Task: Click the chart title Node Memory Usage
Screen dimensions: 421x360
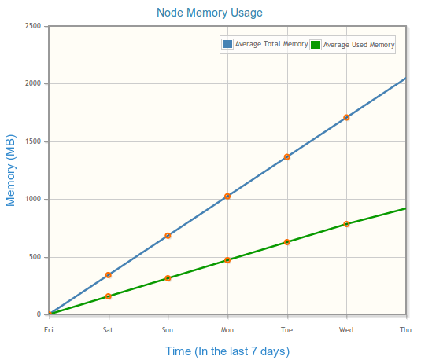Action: [x=209, y=13]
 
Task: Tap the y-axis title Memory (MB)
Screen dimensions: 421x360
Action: [x=10, y=171]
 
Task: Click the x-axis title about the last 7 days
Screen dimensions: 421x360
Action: [x=227, y=351]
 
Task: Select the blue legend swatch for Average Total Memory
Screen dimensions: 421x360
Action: [x=227, y=44]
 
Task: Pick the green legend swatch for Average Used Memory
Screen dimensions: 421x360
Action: [x=316, y=45]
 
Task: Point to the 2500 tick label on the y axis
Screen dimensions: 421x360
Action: [x=33, y=26]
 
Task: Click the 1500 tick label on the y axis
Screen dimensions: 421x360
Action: [x=33, y=141]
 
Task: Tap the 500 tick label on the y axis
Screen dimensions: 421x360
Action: [x=35, y=257]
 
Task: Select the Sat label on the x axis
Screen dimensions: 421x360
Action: [x=108, y=329]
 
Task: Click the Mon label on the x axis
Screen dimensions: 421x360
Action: [x=227, y=329]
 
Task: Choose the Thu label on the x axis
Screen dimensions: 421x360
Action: [x=406, y=329]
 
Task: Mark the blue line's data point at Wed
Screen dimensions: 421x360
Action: [x=346, y=117]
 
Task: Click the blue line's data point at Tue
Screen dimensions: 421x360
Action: [x=287, y=157]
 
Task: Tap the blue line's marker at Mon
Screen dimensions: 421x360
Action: [x=227, y=197]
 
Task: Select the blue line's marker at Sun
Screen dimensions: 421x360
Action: [x=168, y=236]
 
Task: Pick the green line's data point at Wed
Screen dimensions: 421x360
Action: [x=346, y=224]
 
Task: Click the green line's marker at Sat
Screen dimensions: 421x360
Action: [x=109, y=296]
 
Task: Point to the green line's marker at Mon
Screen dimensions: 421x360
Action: [x=227, y=260]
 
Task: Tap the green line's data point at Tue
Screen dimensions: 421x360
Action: [x=287, y=242]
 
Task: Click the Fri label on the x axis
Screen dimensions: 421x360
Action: [x=49, y=329]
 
